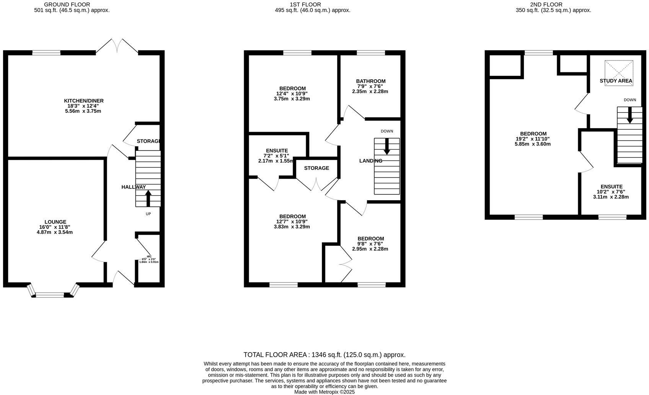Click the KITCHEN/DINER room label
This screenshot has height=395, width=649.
pyautogui.click(x=83, y=101)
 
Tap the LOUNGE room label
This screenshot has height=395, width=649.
pyautogui.click(x=55, y=222)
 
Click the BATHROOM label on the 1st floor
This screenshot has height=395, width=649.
pyautogui.click(x=370, y=81)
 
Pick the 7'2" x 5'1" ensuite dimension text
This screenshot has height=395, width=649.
pyautogui.click(x=276, y=156)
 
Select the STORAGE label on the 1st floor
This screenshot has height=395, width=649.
pyautogui.click(x=316, y=168)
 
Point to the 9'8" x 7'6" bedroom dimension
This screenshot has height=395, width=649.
pyautogui.click(x=370, y=244)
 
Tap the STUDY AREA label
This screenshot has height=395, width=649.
pyautogui.click(x=616, y=81)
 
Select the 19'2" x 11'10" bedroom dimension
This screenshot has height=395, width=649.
pyautogui.click(x=533, y=139)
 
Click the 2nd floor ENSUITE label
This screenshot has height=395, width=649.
pyautogui.click(x=611, y=187)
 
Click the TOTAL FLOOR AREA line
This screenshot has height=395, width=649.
pyautogui.click(x=324, y=355)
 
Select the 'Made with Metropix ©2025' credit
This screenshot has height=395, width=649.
pyautogui.click(x=324, y=392)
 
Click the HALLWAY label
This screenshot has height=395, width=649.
pyautogui.click(x=134, y=187)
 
